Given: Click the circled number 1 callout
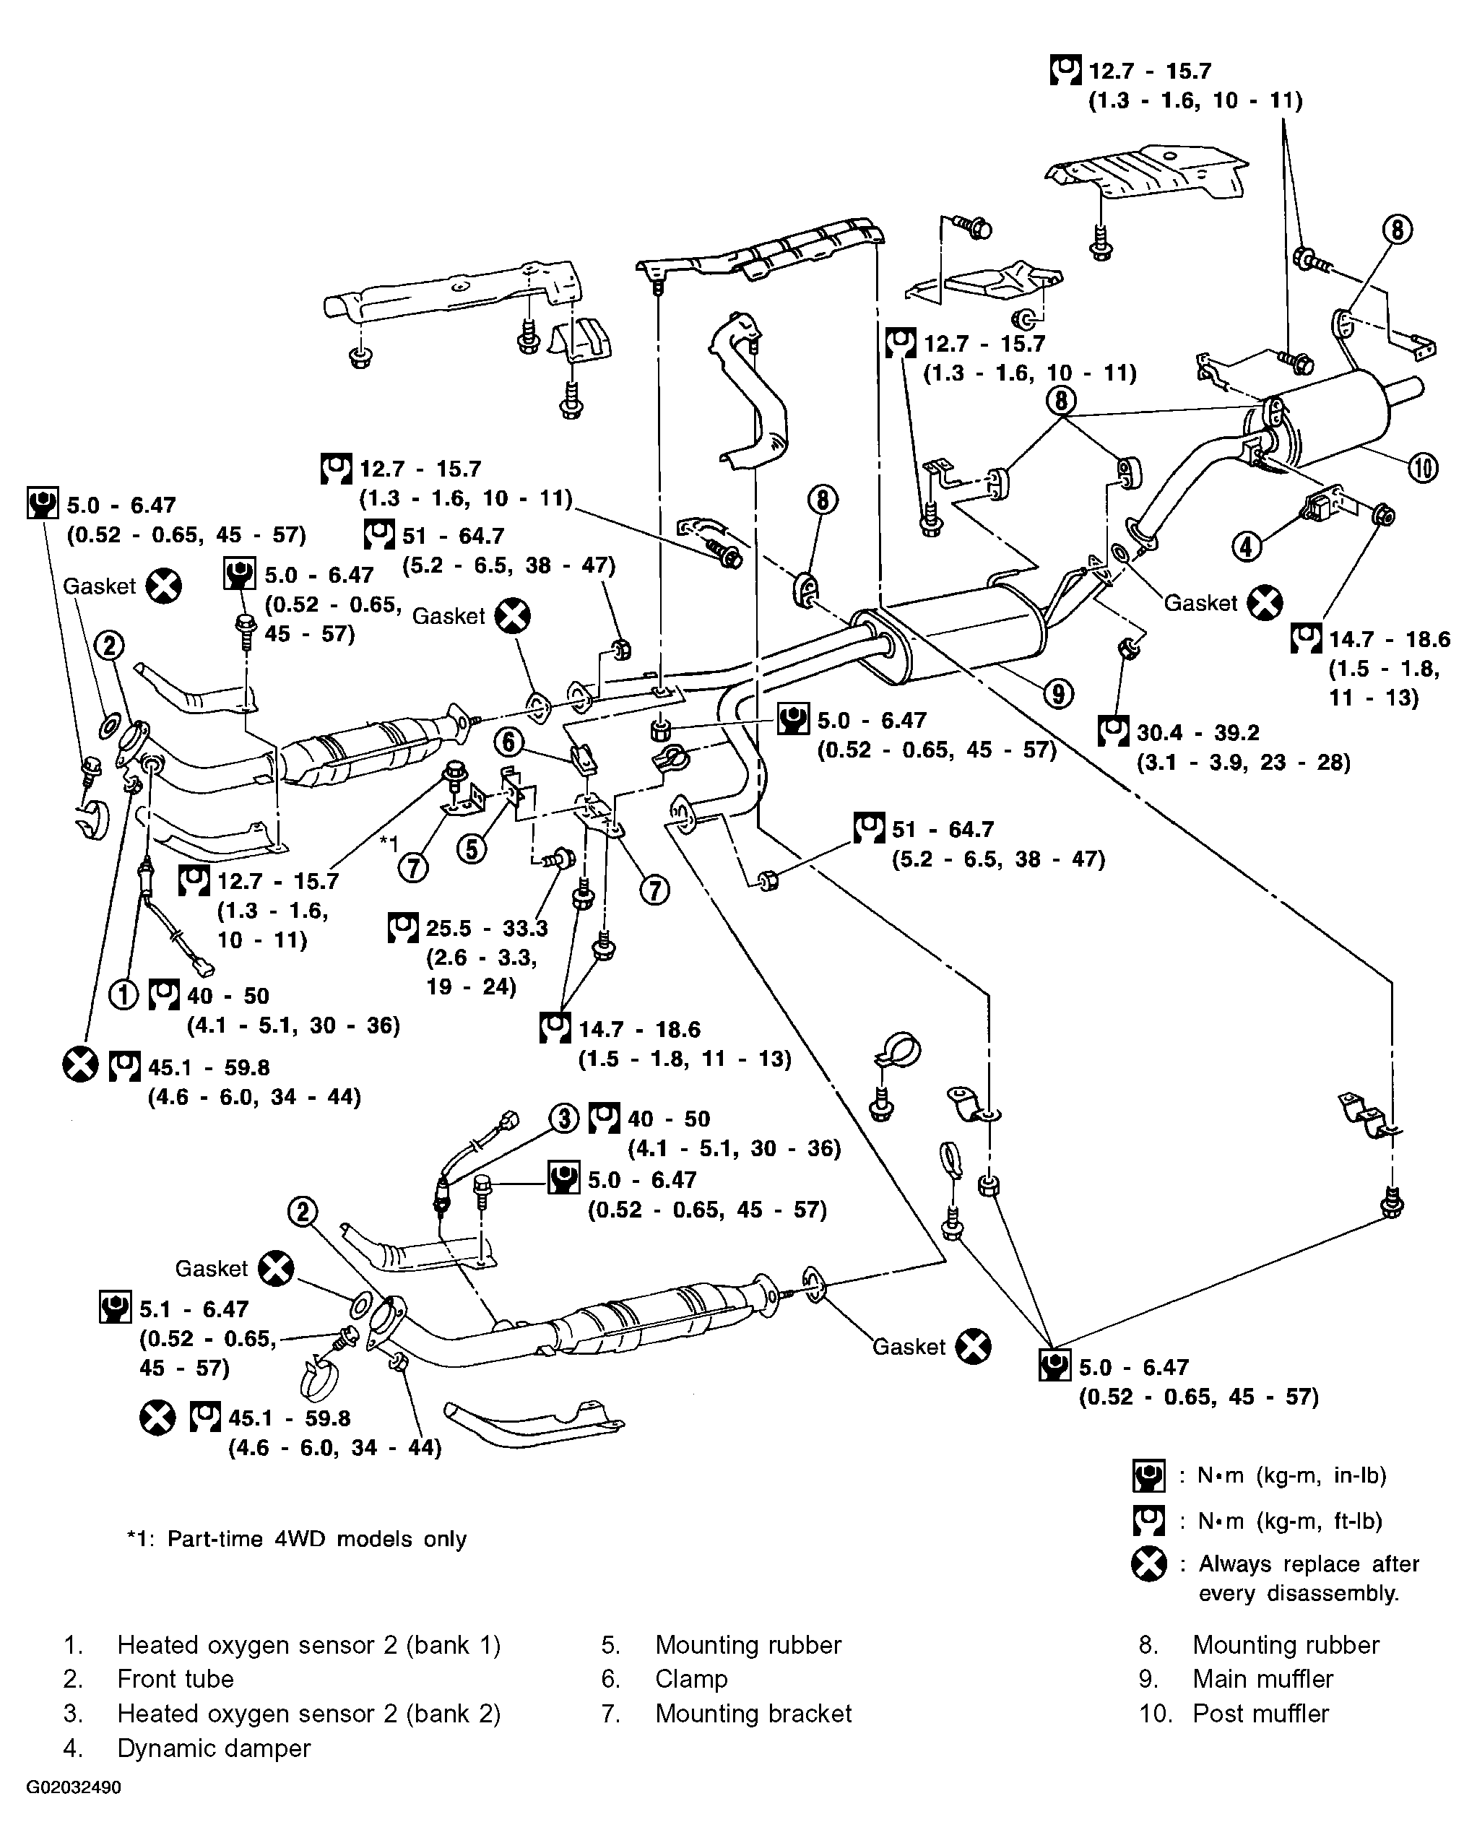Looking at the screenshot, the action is coord(123,994).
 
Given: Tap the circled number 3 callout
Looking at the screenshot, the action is coord(564,1118).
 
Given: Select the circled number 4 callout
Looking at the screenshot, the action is coord(1247,545).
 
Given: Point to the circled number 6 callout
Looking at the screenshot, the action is coord(509,742).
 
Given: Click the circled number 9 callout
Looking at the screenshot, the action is coord(1059,693).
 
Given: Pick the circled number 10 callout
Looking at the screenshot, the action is coord(1423,467).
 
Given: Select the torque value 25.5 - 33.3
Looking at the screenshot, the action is coord(487,927).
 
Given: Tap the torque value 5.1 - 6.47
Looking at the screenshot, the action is coord(194,1309).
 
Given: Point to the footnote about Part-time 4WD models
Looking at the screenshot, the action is coord(297,1539).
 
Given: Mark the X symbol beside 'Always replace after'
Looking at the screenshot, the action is coord(1148,1564).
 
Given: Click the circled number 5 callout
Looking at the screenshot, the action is coord(472,849).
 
